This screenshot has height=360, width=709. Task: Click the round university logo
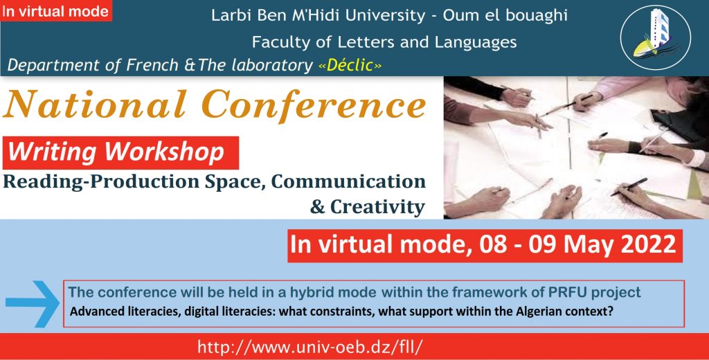tap(655, 37)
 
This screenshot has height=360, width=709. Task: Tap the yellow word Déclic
tap(350, 66)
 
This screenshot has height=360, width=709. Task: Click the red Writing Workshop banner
tap(120, 153)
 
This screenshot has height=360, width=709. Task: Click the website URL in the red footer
tap(309, 347)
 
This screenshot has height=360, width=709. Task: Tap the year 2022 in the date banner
tap(648, 244)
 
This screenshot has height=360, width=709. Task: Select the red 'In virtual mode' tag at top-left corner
tap(56, 11)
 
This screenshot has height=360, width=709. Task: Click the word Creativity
tap(377, 207)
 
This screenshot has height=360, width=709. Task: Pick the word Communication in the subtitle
tap(349, 181)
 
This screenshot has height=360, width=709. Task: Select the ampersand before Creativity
tap(317, 207)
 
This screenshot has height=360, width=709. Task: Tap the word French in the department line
tap(152, 66)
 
